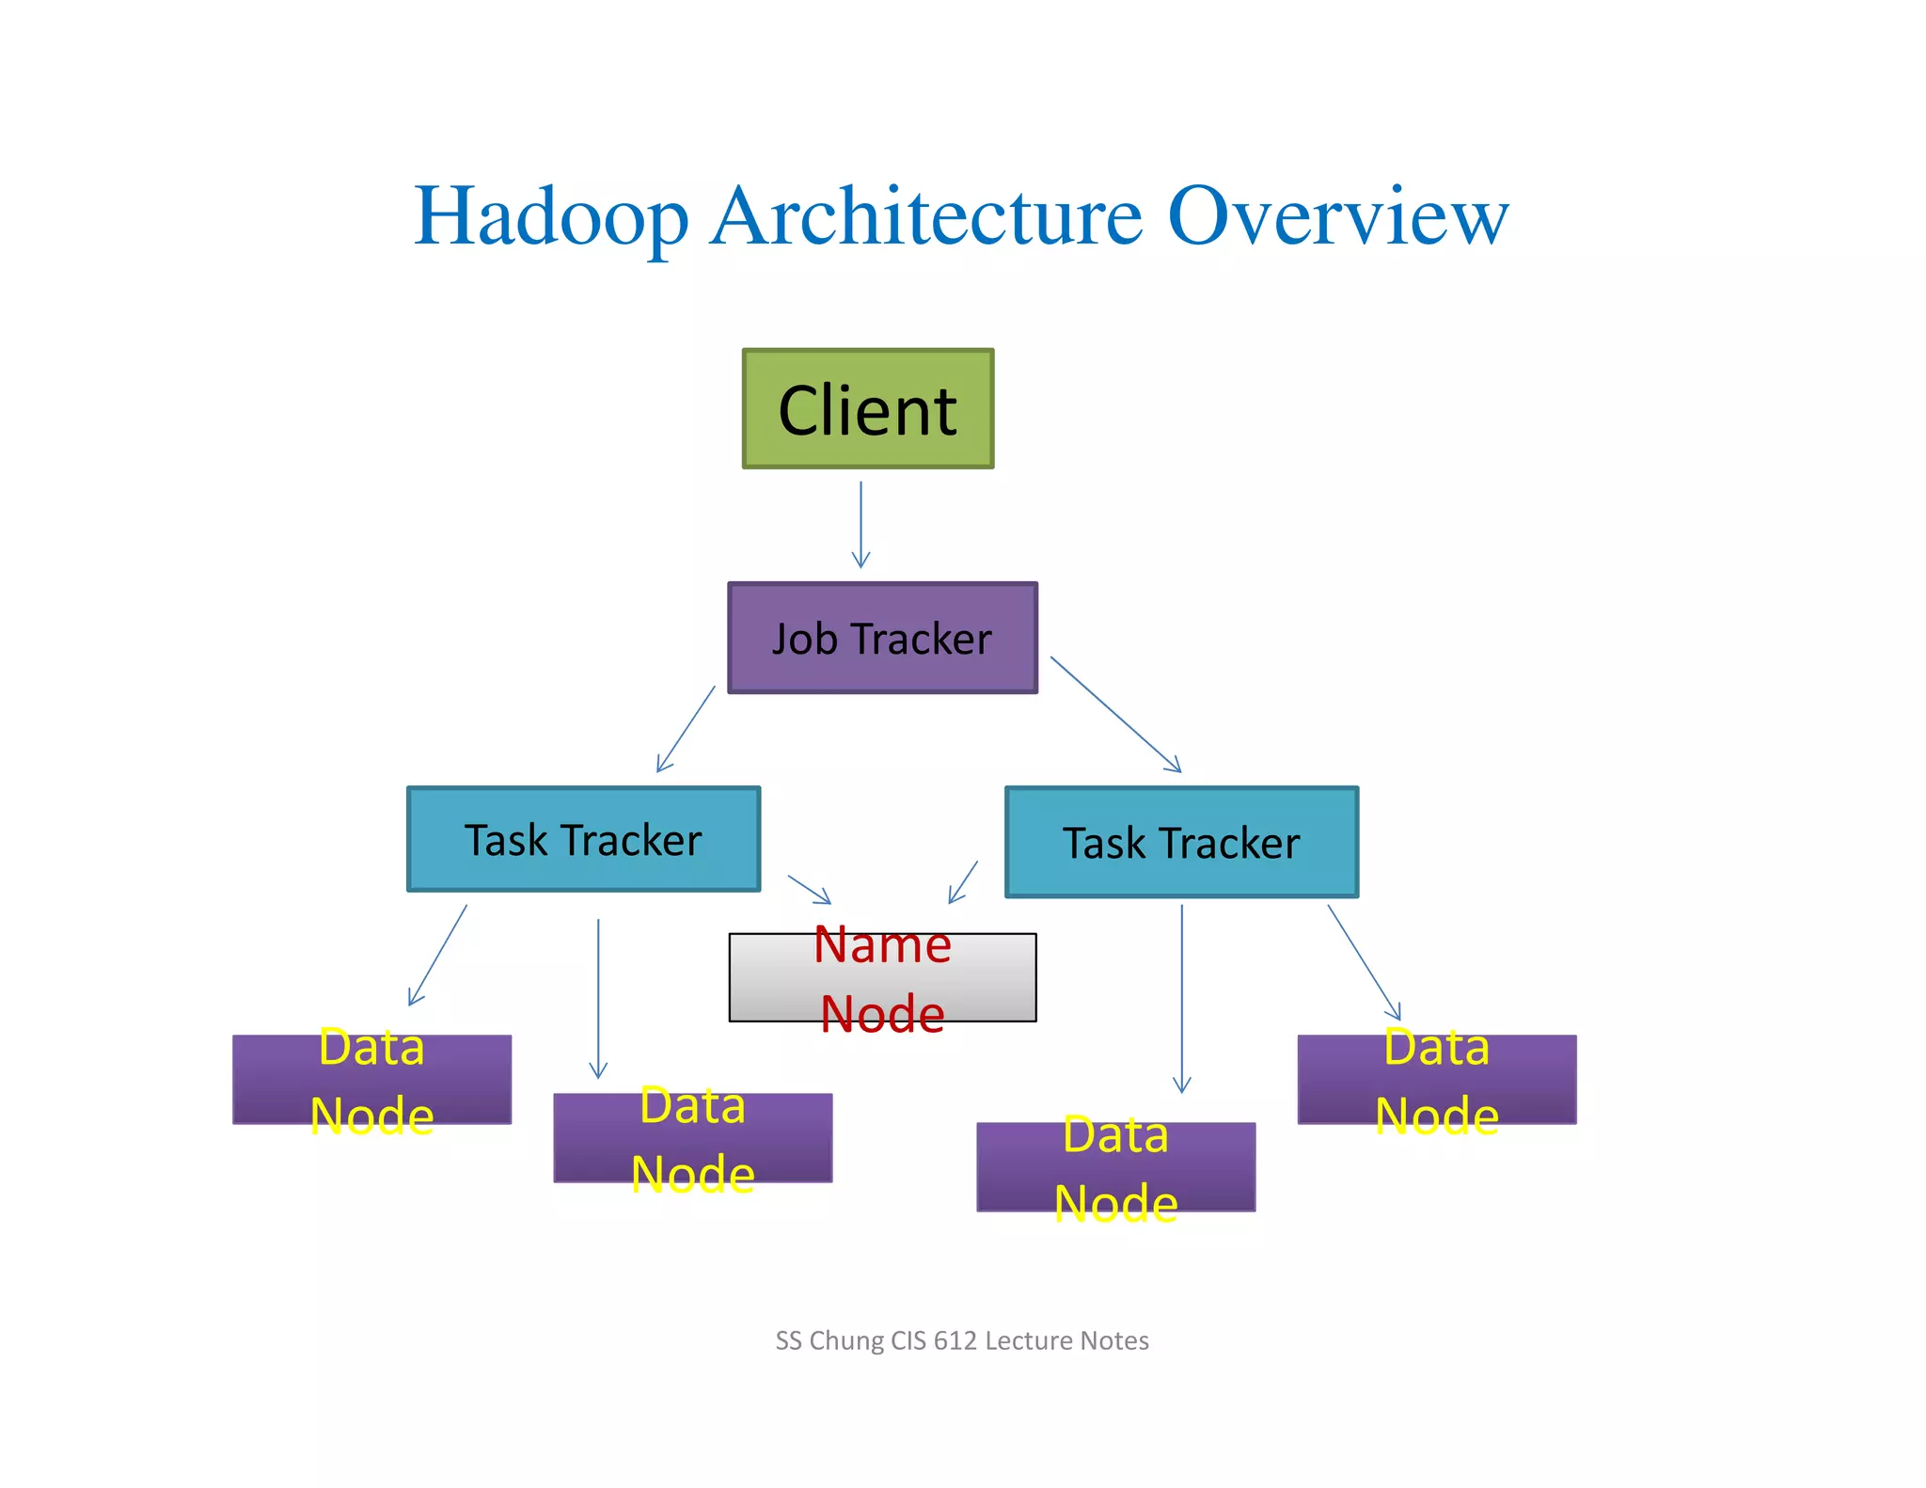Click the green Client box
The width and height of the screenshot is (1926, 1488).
pyautogui.click(x=867, y=409)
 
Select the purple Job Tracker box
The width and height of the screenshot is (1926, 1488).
pyautogui.click(x=882, y=638)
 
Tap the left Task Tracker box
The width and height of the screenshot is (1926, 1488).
pyautogui.click(x=583, y=839)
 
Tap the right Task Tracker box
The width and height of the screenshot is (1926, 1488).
pyautogui.click(x=1181, y=842)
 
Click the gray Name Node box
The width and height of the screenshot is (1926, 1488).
pyautogui.click(x=882, y=978)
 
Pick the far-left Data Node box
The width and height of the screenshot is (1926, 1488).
pyautogui.click(x=371, y=1080)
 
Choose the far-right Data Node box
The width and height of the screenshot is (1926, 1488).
pyautogui.click(x=1436, y=1080)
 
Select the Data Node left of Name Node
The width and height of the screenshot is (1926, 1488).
pyautogui.click(x=692, y=1138)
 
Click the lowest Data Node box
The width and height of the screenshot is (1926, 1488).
pyautogui.click(x=1115, y=1167)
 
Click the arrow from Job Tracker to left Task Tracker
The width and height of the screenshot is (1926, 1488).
pyautogui.click(x=686, y=729)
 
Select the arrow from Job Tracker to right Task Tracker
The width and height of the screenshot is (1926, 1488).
pyautogui.click(x=1115, y=714)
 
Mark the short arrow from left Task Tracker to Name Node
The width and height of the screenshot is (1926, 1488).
pyautogui.click(x=809, y=890)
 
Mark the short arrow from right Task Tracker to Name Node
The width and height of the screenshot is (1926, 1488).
pyautogui.click(x=963, y=882)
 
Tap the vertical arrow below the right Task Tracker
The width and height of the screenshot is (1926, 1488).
pyautogui.click(x=1182, y=997)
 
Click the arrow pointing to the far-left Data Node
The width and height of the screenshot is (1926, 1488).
pyautogui.click(x=437, y=956)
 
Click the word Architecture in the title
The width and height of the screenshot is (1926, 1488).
pyautogui.click(x=927, y=216)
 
